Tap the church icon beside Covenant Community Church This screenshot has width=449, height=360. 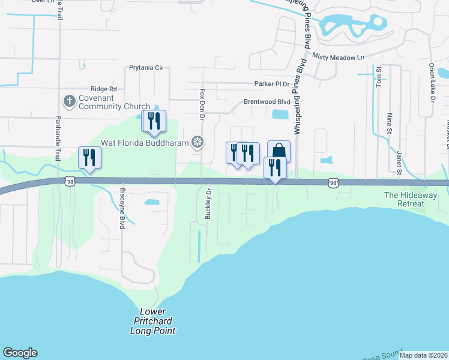pyautogui.click(x=69, y=101)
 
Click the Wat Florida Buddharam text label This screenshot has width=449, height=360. pyautogui.click(x=144, y=142)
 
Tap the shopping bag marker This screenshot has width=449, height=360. pyautogui.click(x=279, y=151)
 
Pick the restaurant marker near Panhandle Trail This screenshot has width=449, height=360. pyautogui.click(x=89, y=158)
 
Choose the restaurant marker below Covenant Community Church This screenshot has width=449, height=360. pyautogui.click(x=153, y=121)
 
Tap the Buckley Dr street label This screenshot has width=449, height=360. pyautogui.click(x=208, y=203)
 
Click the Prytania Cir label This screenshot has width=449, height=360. pyautogui.click(x=146, y=68)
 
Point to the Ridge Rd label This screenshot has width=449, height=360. pyautogui.click(x=104, y=89)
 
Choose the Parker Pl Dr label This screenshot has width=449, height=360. pyautogui.click(x=271, y=84)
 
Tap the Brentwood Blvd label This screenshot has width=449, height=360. pyautogui.click(x=267, y=102)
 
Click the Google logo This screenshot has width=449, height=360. pyautogui.click(x=20, y=353)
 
